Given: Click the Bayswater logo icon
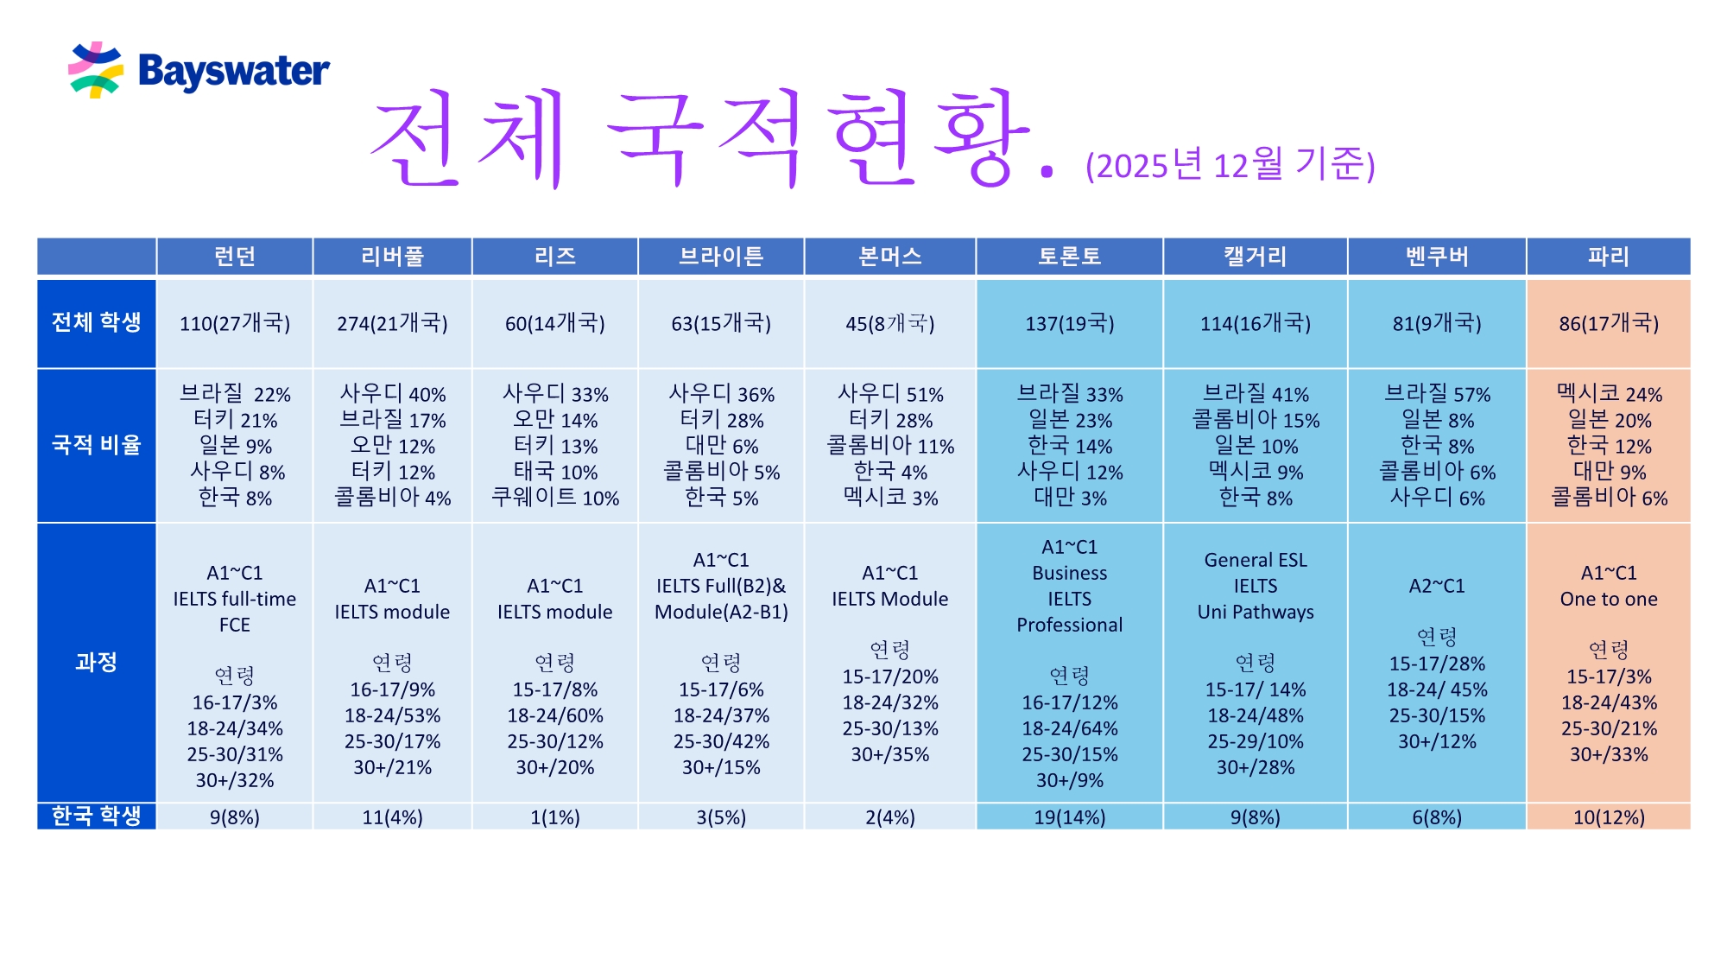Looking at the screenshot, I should (95, 70).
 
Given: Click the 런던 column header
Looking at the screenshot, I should (234, 257).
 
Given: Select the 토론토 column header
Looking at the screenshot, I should (1069, 257).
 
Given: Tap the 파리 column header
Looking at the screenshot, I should (1608, 257).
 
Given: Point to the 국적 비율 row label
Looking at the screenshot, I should (96, 445).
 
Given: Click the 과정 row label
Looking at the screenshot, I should (96, 663).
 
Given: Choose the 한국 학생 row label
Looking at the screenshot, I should (96, 816).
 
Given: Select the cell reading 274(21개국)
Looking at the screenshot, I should (392, 324).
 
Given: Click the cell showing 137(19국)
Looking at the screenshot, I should (1069, 324).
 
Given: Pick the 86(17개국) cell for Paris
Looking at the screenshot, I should (1608, 324).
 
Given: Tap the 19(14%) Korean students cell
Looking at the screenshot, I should (1069, 817).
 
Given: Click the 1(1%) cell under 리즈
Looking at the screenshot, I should (554, 817).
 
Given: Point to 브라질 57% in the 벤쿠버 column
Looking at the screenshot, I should (1437, 395).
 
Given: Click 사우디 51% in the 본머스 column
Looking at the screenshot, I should (890, 395).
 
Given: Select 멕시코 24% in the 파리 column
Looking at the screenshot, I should (1608, 395).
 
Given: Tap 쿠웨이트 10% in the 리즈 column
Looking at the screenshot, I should (554, 499).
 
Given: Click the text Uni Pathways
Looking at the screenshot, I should (1255, 613).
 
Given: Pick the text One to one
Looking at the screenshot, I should (1608, 600).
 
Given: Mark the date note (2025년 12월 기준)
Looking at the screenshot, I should (1230, 164).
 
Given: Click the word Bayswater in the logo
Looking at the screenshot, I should (233, 72).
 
